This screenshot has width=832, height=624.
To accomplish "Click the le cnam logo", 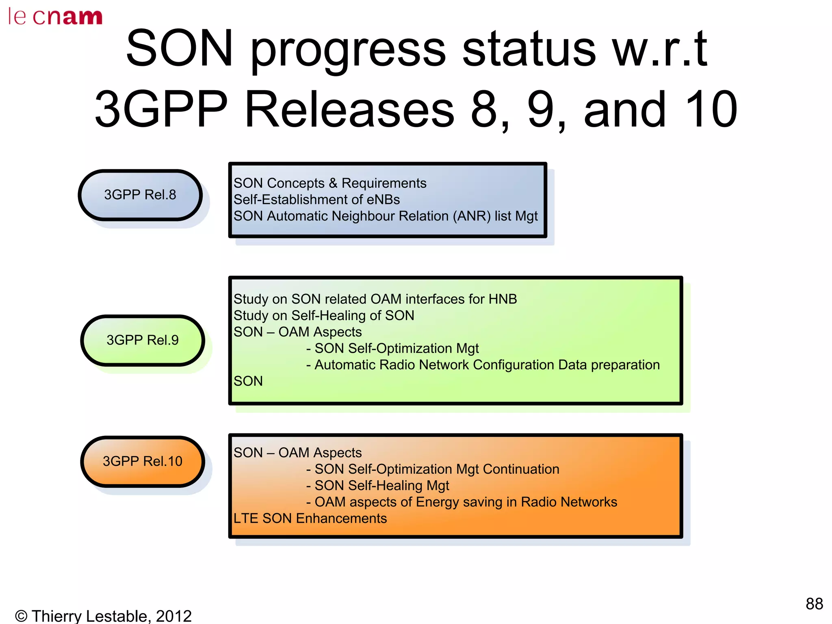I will (55, 17).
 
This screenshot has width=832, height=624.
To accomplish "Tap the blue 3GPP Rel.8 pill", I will (140, 195).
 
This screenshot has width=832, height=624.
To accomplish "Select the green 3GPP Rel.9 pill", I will (143, 340).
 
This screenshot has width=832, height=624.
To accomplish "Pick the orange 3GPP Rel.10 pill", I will (143, 461).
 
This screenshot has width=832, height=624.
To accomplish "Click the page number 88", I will (814, 604).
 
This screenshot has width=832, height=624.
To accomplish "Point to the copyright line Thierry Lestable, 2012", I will (103, 616).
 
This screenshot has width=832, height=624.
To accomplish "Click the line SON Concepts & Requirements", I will (329, 183).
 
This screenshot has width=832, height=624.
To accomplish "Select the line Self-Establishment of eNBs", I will (316, 200).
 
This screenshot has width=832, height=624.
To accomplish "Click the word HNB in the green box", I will (503, 299).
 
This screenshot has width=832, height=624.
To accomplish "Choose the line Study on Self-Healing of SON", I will (324, 316).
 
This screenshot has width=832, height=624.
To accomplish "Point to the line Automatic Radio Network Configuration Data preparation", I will (487, 365).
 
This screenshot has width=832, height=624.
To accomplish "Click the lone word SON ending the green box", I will (248, 381).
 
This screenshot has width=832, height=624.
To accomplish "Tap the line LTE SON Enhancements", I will (310, 518).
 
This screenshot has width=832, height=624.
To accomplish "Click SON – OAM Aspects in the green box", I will (297, 332).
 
